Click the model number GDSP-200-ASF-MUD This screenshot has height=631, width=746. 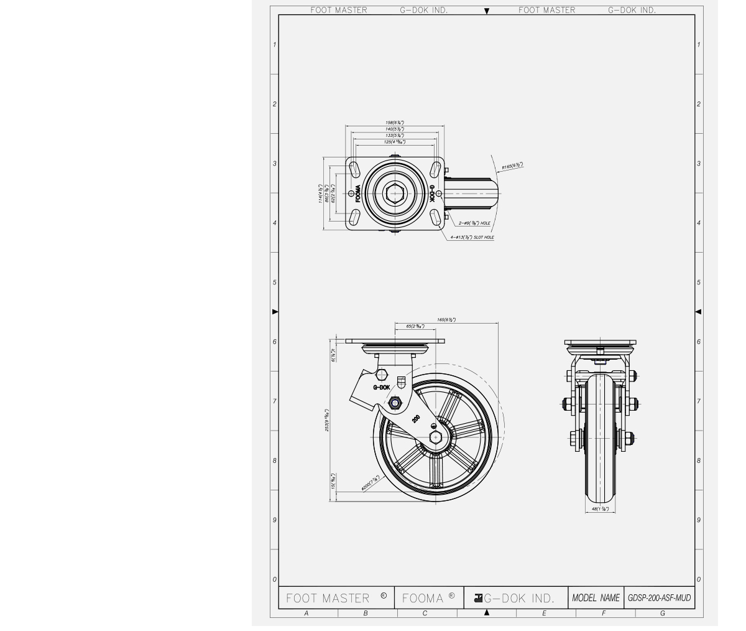(x=659, y=598)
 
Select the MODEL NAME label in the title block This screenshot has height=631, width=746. (x=596, y=598)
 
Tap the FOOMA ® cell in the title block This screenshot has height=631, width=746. (x=428, y=598)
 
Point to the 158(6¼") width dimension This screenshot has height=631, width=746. (x=395, y=123)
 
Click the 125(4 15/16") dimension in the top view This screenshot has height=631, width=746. (x=395, y=142)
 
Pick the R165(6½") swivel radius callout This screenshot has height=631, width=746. (x=512, y=166)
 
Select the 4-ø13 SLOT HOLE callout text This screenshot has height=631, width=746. (x=472, y=237)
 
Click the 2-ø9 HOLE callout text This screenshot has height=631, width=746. (x=474, y=223)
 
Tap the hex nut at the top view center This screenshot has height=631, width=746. (x=394, y=194)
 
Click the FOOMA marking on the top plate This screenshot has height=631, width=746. (x=358, y=194)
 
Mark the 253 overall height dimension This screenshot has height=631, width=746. (x=327, y=420)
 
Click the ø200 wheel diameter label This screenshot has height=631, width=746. (x=370, y=483)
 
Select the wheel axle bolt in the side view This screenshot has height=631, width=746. (x=435, y=437)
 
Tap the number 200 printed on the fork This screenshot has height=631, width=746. (x=416, y=419)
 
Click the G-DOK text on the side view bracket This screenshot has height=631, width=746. (x=382, y=387)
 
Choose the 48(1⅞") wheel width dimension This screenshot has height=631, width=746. (x=600, y=509)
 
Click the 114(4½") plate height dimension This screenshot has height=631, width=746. (x=321, y=193)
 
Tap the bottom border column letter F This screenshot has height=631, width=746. (x=603, y=613)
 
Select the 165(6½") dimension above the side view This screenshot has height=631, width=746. (x=446, y=320)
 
